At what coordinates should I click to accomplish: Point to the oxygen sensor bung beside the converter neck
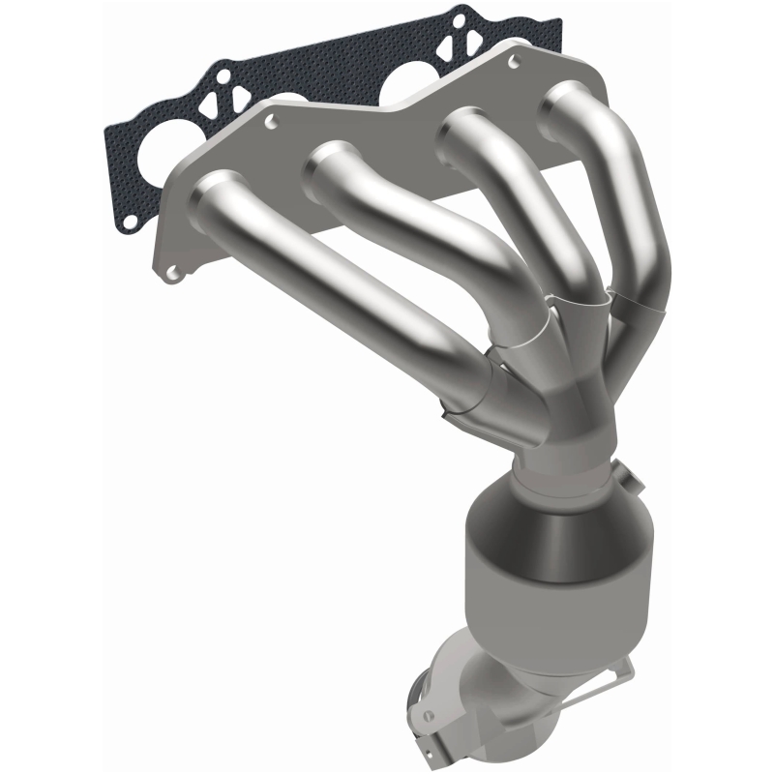pos(626,480)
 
